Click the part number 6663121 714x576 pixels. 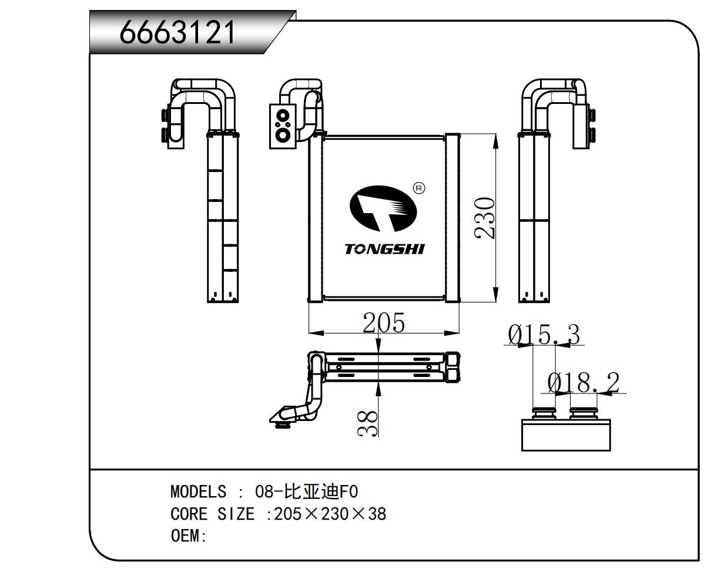pyautogui.click(x=178, y=33)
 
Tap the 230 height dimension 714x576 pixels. pyautogui.click(x=485, y=218)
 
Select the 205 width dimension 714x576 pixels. pyautogui.click(x=384, y=322)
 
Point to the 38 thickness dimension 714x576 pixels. pyautogui.click(x=368, y=423)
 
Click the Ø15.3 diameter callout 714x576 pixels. pyautogui.click(x=544, y=335)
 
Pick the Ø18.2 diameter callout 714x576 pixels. pyautogui.click(x=584, y=383)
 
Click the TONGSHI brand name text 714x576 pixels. pyautogui.click(x=384, y=249)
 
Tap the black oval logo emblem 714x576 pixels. pyautogui.click(x=383, y=208)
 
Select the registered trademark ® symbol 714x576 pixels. pyautogui.click(x=419, y=188)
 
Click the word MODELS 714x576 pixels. pyautogui.click(x=198, y=491)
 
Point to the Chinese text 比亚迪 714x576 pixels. pyautogui.click(x=309, y=491)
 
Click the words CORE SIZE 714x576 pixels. pyautogui.click(x=212, y=514)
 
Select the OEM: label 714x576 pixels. pyautogui.click(x=189, y=536)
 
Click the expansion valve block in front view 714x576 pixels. pyautogui.click(x=283, y=125)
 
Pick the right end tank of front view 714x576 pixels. pyautogui.click(x=452, y=218)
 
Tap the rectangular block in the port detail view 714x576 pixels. pyautogui.click(x=566, y=435)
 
